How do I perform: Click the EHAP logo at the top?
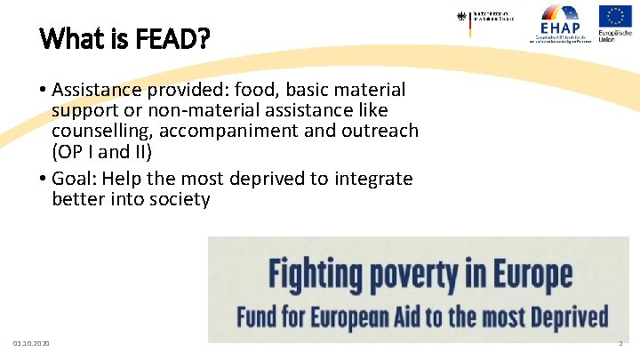[x=560, y=22]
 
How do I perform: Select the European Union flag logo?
[x=615, y=22]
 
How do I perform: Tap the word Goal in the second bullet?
[x=73, y=178]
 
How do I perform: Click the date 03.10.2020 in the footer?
[x=32, y=343]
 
